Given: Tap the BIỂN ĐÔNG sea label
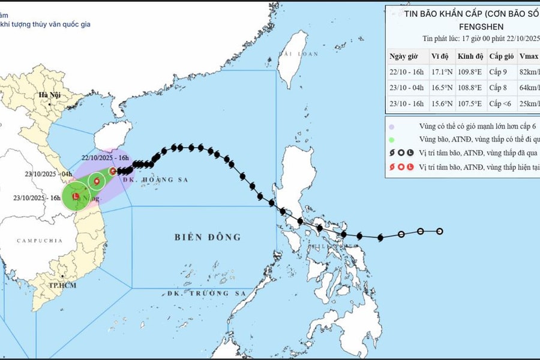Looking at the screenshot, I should tap(208, 237).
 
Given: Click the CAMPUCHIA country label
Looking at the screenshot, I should tap(40, 241).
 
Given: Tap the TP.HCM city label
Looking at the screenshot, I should tap(62, 286).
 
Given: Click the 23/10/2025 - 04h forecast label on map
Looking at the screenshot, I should tap(46, 175).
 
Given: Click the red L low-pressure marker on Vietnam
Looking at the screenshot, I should tap(76, 196).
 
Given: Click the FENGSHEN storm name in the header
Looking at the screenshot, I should tap(481, 26).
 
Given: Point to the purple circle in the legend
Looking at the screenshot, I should tap(391, 127).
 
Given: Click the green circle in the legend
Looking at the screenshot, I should tap(391, 139).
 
